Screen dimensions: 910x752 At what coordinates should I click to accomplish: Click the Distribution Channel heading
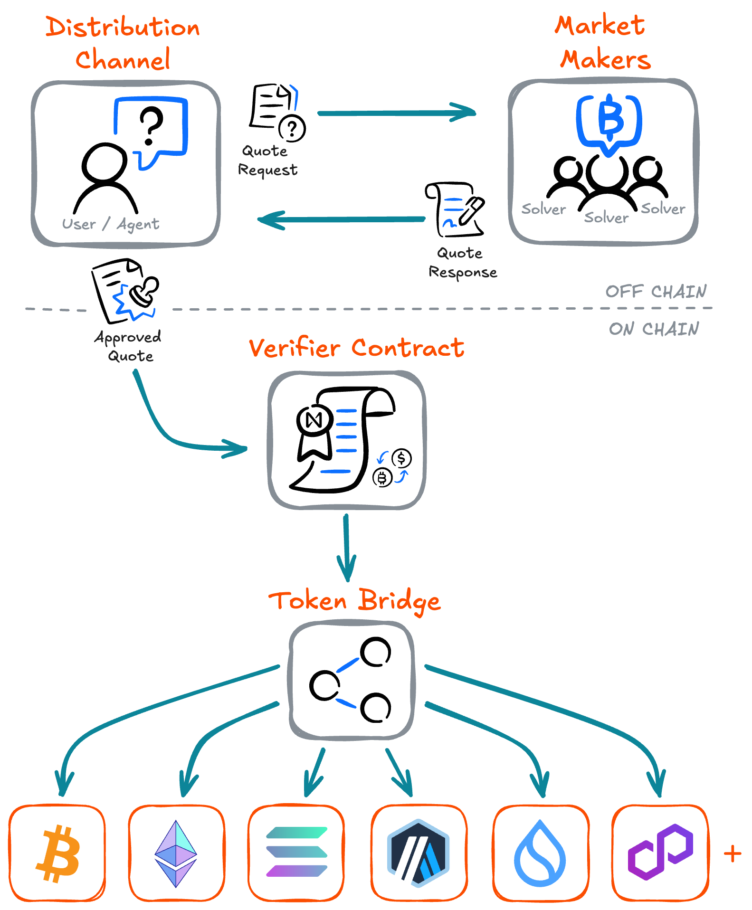point(123,43)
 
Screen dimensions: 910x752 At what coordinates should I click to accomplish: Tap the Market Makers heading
point(602,43)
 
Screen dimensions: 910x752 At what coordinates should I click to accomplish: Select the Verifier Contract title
point(356,348)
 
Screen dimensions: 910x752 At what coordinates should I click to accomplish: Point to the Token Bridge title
point(354,601)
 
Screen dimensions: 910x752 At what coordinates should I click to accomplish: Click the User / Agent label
point(111,224)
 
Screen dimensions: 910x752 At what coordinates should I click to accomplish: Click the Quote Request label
point(267,161)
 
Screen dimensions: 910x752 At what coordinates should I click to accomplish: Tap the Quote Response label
point(462,263)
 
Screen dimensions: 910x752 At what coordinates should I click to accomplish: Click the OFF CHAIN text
point(656,291)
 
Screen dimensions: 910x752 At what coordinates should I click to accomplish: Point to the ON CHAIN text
point(654,329)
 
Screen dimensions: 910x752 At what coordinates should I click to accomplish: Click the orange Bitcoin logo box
point(57,853)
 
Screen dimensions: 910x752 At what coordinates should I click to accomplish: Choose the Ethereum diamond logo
point(176,853)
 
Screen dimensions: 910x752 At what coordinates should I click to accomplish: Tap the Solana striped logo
point(296,852)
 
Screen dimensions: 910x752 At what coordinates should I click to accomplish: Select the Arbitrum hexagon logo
point(419,853)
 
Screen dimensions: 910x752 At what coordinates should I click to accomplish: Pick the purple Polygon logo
point(660,852)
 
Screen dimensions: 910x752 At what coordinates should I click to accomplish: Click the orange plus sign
point(733,853)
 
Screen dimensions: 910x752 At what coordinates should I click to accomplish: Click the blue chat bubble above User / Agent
point(151,128)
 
